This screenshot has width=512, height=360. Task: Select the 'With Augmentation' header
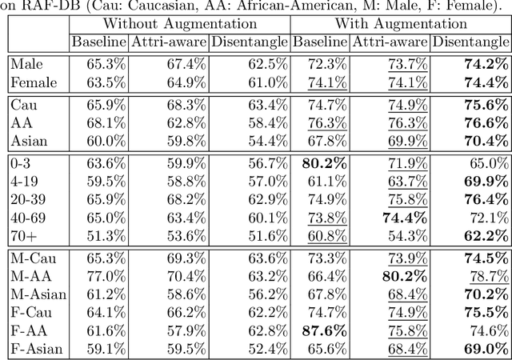point(400,24)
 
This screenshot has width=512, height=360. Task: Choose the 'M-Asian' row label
point(38,294)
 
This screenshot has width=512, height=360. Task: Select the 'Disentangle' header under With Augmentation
point(470,42)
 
